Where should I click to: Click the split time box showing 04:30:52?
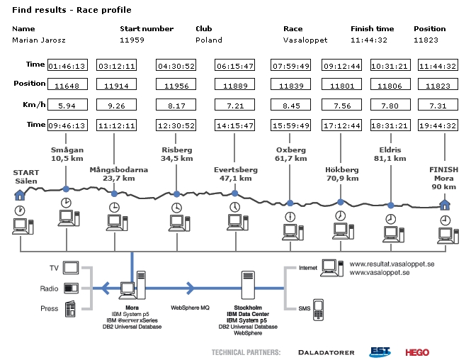pyautogui.click(x=176, y=66)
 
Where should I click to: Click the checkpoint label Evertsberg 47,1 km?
pyautogui.click(x=235, y=174)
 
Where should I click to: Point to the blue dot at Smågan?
pyautogui.click(x=66, y=189)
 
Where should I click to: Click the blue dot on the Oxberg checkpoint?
pyautogui.click(x=290, y=203)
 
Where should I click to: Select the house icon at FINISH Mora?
pyautogui.click(x=444, y=205)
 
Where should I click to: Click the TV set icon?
pyautogui.click(x=71, y=268)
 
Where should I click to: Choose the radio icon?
pyautogui.click(x=71, y=288)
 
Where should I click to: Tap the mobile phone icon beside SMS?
pyautogui.click(x=319, y=309)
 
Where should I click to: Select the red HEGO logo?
pyautogui.click(x=417, y=351)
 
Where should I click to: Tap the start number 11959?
pyautogui.click(x=132, y=40)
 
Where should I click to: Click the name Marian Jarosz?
pyautogui.click(x=35, y=40)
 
